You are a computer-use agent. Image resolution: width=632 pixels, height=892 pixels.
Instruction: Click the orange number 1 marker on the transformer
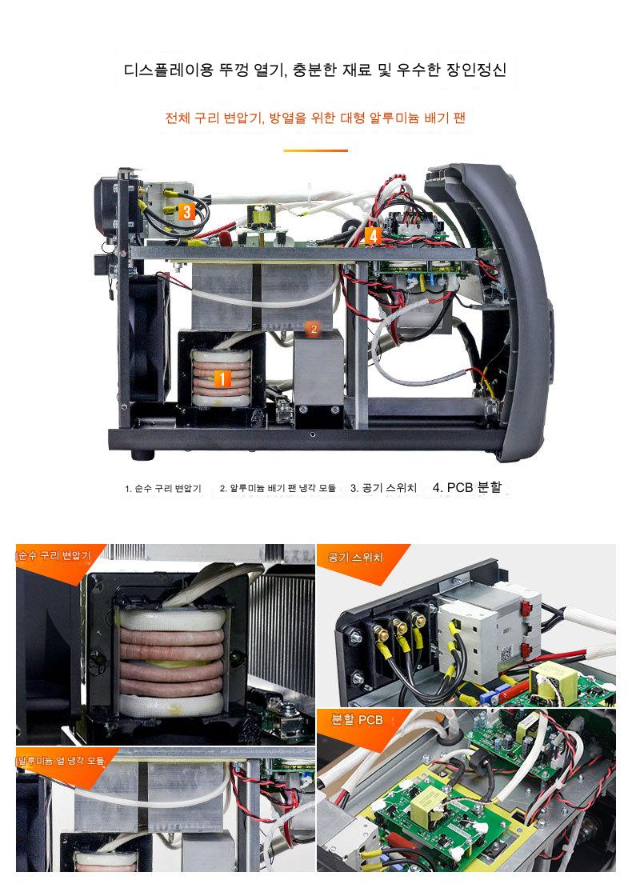coord(222,379)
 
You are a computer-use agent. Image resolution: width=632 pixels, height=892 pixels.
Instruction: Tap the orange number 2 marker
coord(313,329)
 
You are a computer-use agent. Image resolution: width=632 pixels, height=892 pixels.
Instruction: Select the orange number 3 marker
coord(186,212)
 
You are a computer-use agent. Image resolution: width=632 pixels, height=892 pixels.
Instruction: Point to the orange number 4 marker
coord(373,235)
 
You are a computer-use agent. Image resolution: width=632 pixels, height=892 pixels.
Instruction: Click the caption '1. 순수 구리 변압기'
coord(163,488)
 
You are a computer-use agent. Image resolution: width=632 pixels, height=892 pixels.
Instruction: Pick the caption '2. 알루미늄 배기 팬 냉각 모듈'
coord(278,488)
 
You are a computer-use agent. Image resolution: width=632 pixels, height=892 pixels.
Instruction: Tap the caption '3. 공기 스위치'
coord(383,487)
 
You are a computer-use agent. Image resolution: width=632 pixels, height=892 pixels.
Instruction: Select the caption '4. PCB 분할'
coord(467,487)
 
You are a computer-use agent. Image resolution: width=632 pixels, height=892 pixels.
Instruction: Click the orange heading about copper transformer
coord(315,118)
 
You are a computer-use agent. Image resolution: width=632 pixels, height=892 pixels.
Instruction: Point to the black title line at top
coord(315,70)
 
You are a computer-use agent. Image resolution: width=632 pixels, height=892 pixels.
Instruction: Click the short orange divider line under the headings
coord(316,150)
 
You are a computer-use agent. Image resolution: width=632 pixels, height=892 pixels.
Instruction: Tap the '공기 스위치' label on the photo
coord(355,558)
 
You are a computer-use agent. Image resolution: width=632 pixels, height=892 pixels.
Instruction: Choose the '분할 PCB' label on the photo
coord(358,720)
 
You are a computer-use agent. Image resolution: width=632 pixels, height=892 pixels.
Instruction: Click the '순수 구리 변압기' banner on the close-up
coord(54,555)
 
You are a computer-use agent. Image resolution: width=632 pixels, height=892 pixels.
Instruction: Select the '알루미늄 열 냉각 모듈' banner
coord(62,760)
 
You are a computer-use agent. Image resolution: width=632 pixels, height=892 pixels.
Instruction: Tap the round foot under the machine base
coord(142,455)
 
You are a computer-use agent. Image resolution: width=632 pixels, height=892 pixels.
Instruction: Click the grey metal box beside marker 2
coord(318,368)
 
